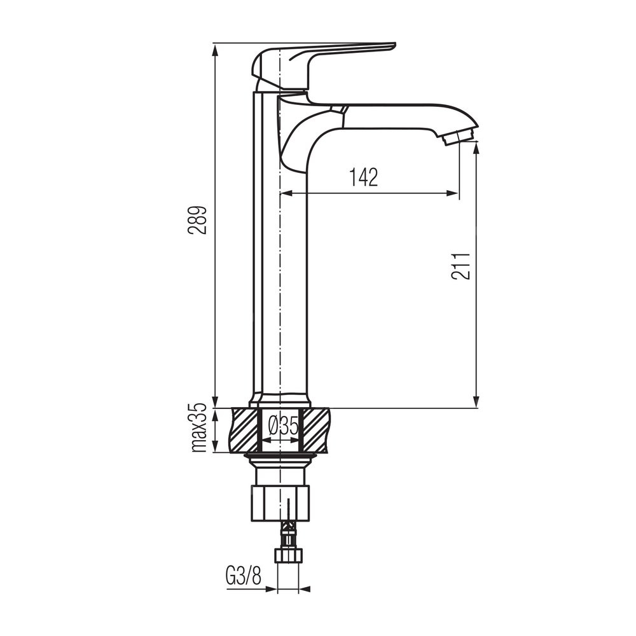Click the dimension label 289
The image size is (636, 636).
click(x=197, y=221)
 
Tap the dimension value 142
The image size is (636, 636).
click(x=364, y=177)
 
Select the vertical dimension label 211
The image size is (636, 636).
click(x=460, y=266)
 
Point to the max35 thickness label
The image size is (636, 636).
click(x=198, y=428)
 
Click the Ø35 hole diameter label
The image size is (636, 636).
click(x=284, y=426)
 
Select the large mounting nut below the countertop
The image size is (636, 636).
click(x=280, y=502)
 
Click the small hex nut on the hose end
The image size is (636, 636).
click(x=288, y=555)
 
